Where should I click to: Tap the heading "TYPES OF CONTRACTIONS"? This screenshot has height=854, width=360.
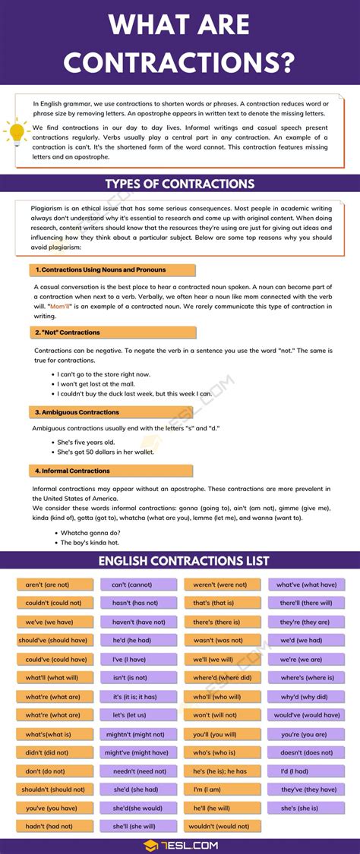(x=180, y=184)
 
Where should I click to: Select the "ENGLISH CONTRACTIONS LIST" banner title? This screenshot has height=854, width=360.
(x=180, y=561)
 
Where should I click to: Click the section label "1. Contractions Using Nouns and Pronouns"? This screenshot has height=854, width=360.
(x=99, y=269)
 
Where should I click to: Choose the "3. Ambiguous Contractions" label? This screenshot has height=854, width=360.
(x=77, y=412)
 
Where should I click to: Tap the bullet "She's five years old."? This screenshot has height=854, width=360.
(x=86, y=442)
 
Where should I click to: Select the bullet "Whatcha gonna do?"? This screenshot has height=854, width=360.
(x=91, y=532)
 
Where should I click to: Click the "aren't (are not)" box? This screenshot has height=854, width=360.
(x=55, y=585)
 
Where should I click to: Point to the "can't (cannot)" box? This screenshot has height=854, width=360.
(x=138, y=585)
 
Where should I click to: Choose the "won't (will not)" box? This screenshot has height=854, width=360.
(x=222, y=715)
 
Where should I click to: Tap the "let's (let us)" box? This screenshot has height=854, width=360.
(x=138, y=715)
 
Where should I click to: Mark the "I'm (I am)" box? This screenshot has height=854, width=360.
(x=222, y=789)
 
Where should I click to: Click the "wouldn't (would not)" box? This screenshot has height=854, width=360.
(x=222, y=827)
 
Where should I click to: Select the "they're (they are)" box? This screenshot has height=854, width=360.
(x=306, y=622)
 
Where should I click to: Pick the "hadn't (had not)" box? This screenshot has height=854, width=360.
(x=55, y=827)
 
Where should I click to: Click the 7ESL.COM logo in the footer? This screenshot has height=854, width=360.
(x=180, y=845)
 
